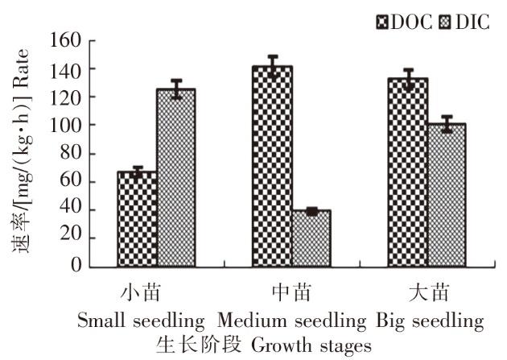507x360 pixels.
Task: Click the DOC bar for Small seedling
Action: point(137,219)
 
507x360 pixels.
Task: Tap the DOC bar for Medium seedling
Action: point(273,167)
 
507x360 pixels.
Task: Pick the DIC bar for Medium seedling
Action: point(311,238)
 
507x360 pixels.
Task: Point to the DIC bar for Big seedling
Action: point(447,196)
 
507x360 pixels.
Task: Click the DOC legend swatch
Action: point(382,23)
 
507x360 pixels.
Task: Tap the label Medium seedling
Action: point(291,321)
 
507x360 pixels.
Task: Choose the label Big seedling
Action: point(430,321)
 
